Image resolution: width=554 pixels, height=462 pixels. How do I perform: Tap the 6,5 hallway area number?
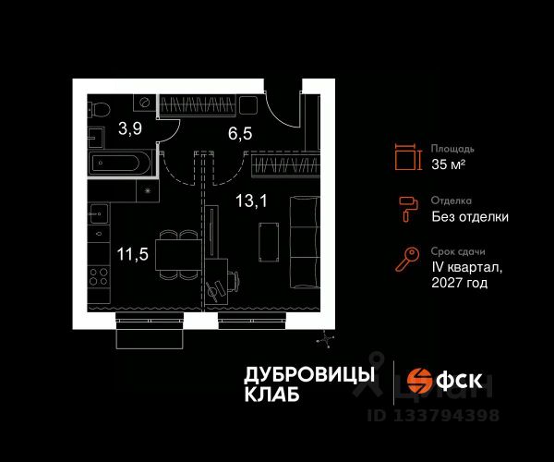pos(241,133)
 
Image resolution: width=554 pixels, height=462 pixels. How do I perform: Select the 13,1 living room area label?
pos(239,200)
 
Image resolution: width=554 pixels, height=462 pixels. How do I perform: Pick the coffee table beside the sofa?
pos(268,242)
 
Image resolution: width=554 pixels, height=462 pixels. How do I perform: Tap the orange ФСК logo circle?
pos(421,381)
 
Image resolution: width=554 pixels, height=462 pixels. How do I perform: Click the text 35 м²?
pos(449,166)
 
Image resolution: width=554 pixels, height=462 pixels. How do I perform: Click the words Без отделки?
pos(469,217)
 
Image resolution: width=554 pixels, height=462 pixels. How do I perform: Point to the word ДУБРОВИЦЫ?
pos(309,373)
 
